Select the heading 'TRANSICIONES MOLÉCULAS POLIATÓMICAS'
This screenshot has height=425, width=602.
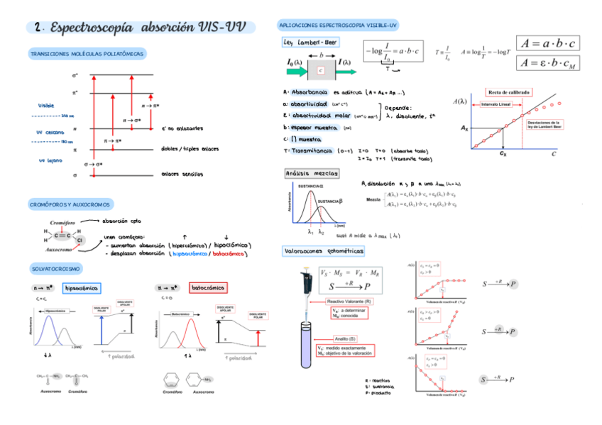pos(87,54)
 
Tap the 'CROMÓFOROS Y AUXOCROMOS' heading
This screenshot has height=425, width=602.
pos(70,204)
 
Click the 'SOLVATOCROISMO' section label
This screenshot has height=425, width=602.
pos(56,269)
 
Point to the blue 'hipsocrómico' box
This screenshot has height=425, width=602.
pos(82,288)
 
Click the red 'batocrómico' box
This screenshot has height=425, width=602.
pos(207,288)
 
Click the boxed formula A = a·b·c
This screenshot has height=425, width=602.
pos(548,43)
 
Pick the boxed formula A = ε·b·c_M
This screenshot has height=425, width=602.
pos(548,62)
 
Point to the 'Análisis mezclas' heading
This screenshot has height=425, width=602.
pos(312,173)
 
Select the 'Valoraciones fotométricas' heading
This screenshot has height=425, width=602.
pos(324,251)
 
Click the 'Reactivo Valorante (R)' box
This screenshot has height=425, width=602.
pos(354,302)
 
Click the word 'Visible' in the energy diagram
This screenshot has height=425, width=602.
pos(46,106)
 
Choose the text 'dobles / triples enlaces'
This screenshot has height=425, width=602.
pos(190,149)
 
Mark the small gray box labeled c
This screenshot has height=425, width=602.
pos(321,70)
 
